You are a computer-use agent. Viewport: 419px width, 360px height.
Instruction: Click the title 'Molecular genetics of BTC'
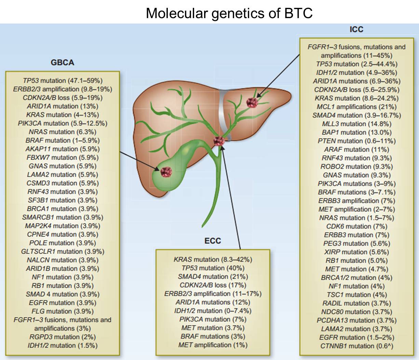point(229,13)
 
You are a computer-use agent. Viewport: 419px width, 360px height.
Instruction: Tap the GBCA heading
point(62,63)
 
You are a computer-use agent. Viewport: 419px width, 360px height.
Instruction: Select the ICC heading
point(356,29)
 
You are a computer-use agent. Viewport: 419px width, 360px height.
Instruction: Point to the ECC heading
point(213,241)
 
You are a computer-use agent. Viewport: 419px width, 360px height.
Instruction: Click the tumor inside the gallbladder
point(166,171)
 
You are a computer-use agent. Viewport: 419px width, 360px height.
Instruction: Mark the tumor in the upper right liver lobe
point(252,102)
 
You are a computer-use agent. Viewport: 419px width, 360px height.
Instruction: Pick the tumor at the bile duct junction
point(219,140)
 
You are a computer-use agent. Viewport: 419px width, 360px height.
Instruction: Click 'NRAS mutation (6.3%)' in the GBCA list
point(63,132)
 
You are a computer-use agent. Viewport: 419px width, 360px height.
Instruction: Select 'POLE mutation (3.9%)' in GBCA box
point(63,243)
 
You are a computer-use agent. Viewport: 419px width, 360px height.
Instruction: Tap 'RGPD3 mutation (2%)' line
point(63,337)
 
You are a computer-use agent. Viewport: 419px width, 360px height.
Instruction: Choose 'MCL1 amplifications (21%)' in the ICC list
point(356,107)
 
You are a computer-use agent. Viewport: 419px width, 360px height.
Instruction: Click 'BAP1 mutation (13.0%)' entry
point(356,132)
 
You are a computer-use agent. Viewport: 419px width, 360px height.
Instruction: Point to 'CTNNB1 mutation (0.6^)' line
point(356,346)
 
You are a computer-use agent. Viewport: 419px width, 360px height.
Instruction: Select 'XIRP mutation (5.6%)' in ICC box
point(356,252)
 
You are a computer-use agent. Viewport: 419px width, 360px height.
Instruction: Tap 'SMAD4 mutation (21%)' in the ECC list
point(213,276)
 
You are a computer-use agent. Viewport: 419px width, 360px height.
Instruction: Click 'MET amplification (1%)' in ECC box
point(213,345)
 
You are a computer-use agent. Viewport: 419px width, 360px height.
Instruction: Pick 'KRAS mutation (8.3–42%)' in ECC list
point(213,259)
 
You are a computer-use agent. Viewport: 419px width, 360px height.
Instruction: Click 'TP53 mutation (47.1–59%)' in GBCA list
point(63,81)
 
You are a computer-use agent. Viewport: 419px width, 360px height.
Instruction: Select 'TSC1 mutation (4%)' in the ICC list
point(356,294)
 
